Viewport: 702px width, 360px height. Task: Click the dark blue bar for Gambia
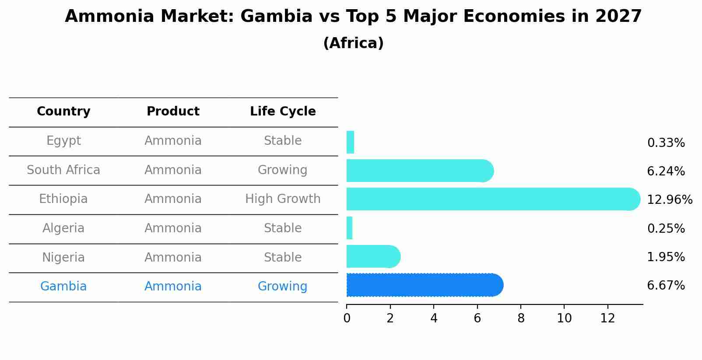pos(425,285)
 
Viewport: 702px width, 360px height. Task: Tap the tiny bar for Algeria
pos(350,228)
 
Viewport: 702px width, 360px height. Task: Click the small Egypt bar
pos(350,142)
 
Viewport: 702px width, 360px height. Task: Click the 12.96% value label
pos(669,200)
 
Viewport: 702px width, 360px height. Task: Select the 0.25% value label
pos(666,228)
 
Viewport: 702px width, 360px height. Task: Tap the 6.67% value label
pos(666,286)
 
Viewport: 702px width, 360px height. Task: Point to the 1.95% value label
pos(666,257)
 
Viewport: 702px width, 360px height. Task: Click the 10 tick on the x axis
pos(564,318)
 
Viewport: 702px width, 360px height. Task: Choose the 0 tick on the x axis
pos(347,318)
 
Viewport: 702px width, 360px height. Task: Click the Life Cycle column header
pos(283,112)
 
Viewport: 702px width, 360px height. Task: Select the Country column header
pos(63,112)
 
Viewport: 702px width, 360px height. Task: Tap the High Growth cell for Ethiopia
pos(283,199)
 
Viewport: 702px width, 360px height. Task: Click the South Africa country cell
pos(63,170)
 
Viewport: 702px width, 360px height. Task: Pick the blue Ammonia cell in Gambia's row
pos(173,287)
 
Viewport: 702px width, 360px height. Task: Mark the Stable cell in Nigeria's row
pos(283,258)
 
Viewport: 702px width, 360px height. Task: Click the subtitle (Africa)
pos(353,43)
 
